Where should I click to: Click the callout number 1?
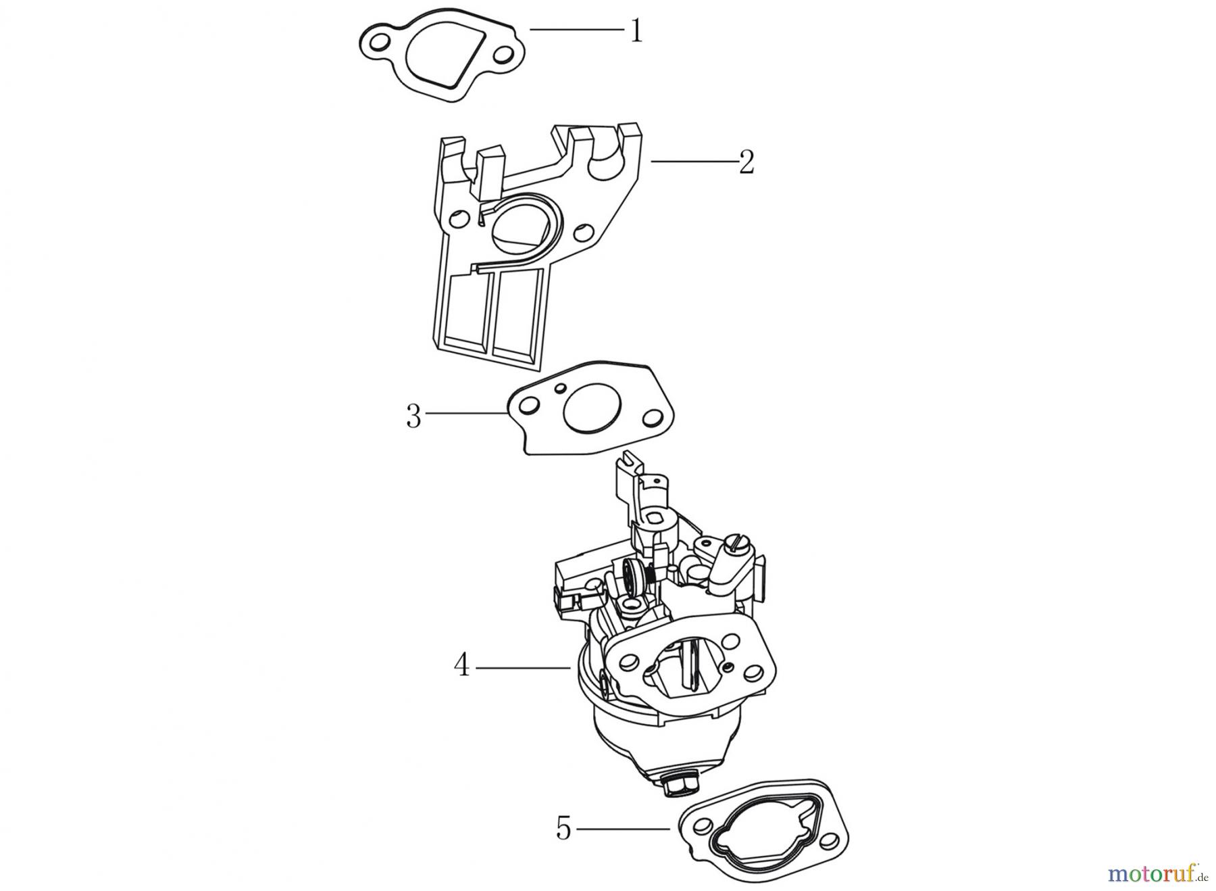click(x=636, y=31)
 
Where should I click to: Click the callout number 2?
click(x=746, y=162)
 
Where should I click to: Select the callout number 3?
click(x=413, y=416)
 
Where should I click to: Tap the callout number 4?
click(x=461, y=665)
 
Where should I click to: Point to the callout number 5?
click(x=564, y=828)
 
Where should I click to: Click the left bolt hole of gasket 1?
click(x=380, y=43)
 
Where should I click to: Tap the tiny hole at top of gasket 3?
click(x=560, y=389)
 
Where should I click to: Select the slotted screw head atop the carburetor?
click(x=732, y=521)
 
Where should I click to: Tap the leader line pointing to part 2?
click(x=692, y=162)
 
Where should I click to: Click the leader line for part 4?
click(x=524, y=668)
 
